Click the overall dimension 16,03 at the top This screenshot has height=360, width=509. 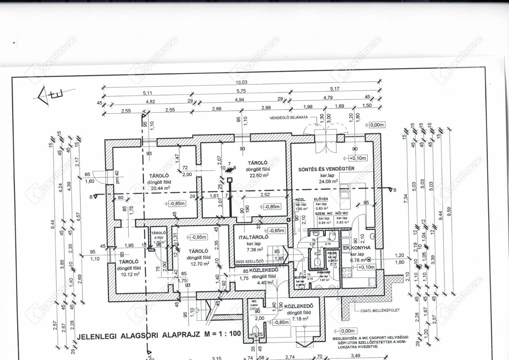(x=242, y=82)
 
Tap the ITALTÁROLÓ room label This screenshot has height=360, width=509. (x=253, y=237)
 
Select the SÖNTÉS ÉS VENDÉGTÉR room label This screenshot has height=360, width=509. (x=326, y=169)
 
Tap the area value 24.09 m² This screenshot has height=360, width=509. (x=328, y=182)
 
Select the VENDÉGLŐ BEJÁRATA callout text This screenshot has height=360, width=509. (x=289, y=118)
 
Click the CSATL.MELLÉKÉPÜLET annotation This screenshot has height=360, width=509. (x=380, y=310)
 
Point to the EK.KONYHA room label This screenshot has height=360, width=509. (x=357, y=248)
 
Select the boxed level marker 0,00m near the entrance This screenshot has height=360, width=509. (x=377, y=125)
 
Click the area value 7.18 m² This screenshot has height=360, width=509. (x=300, y=319)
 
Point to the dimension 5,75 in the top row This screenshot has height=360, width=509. (x=241, y=91)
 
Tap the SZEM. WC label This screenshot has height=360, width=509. (x=324, y=213)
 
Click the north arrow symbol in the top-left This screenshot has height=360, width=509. (x=47, y=95)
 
